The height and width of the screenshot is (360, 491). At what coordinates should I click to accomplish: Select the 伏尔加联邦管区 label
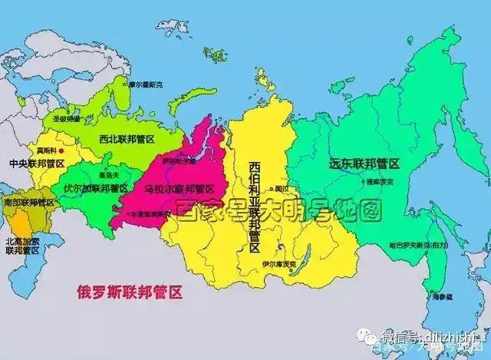96,187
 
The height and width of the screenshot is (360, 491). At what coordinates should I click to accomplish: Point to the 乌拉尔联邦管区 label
178,188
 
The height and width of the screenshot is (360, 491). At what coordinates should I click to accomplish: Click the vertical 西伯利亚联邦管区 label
255,206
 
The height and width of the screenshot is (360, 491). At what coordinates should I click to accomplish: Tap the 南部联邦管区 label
28,203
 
